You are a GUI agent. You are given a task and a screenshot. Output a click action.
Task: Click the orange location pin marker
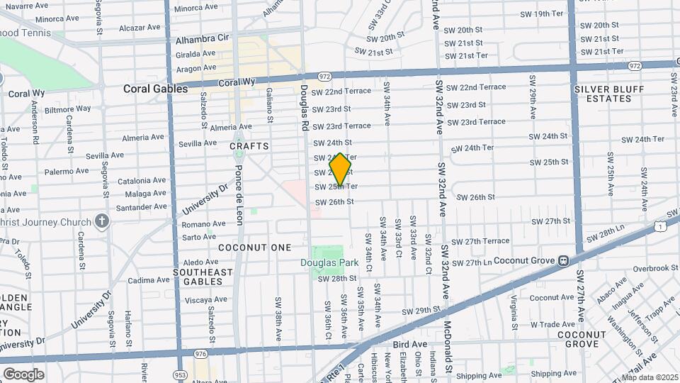(341, 170)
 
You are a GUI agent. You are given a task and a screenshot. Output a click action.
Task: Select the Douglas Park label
(329, 263)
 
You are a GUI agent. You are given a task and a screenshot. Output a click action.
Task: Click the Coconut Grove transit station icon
(563, 260)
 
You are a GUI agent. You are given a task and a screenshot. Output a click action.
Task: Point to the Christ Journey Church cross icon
(102, 221)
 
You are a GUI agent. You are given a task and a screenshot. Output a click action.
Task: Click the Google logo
(23, 374)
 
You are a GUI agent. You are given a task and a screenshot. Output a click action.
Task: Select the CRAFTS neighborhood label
(249, 146)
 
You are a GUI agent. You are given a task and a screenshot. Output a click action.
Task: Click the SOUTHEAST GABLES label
(203, 277)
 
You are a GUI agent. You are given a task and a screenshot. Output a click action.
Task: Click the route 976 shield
(201, 354)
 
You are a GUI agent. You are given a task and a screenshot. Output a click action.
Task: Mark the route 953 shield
(180, 374)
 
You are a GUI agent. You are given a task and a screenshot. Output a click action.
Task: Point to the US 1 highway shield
(660, 226)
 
